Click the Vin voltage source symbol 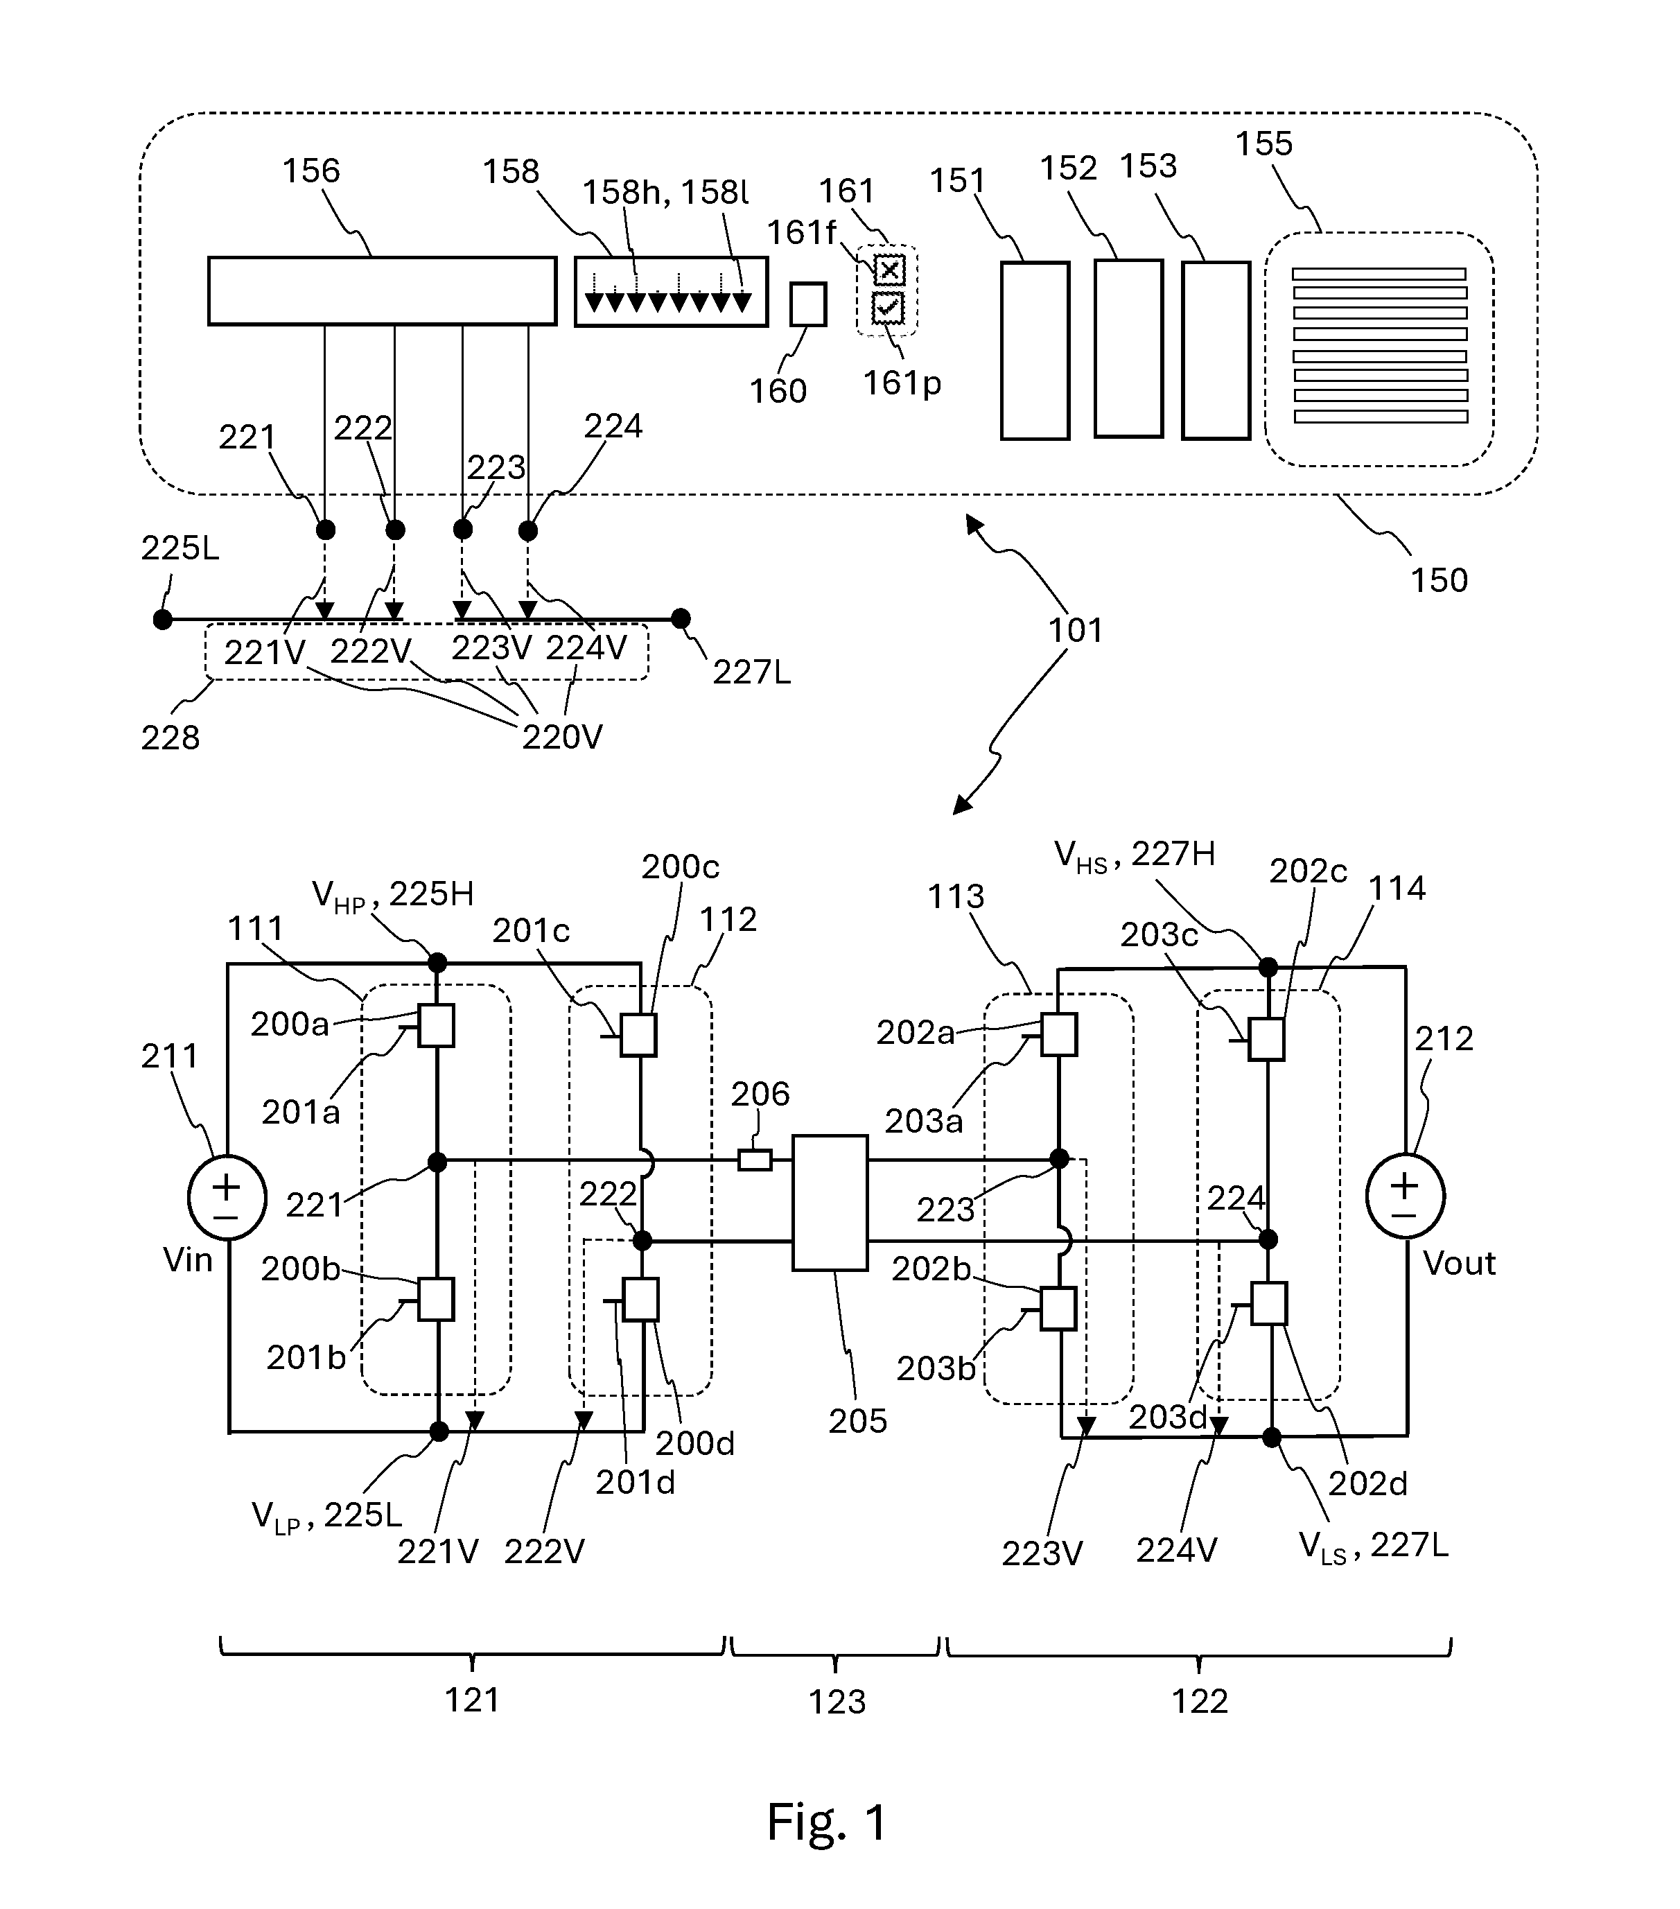pos(227,1196)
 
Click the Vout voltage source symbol pos(1406,1196)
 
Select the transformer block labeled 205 pos(830,1202)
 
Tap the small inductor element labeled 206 pos(755,1160)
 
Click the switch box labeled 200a pos(436,1025)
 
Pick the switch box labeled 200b pos(436,1298)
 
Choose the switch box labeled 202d pos(1269,1304)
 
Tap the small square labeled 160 pos(808,304)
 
